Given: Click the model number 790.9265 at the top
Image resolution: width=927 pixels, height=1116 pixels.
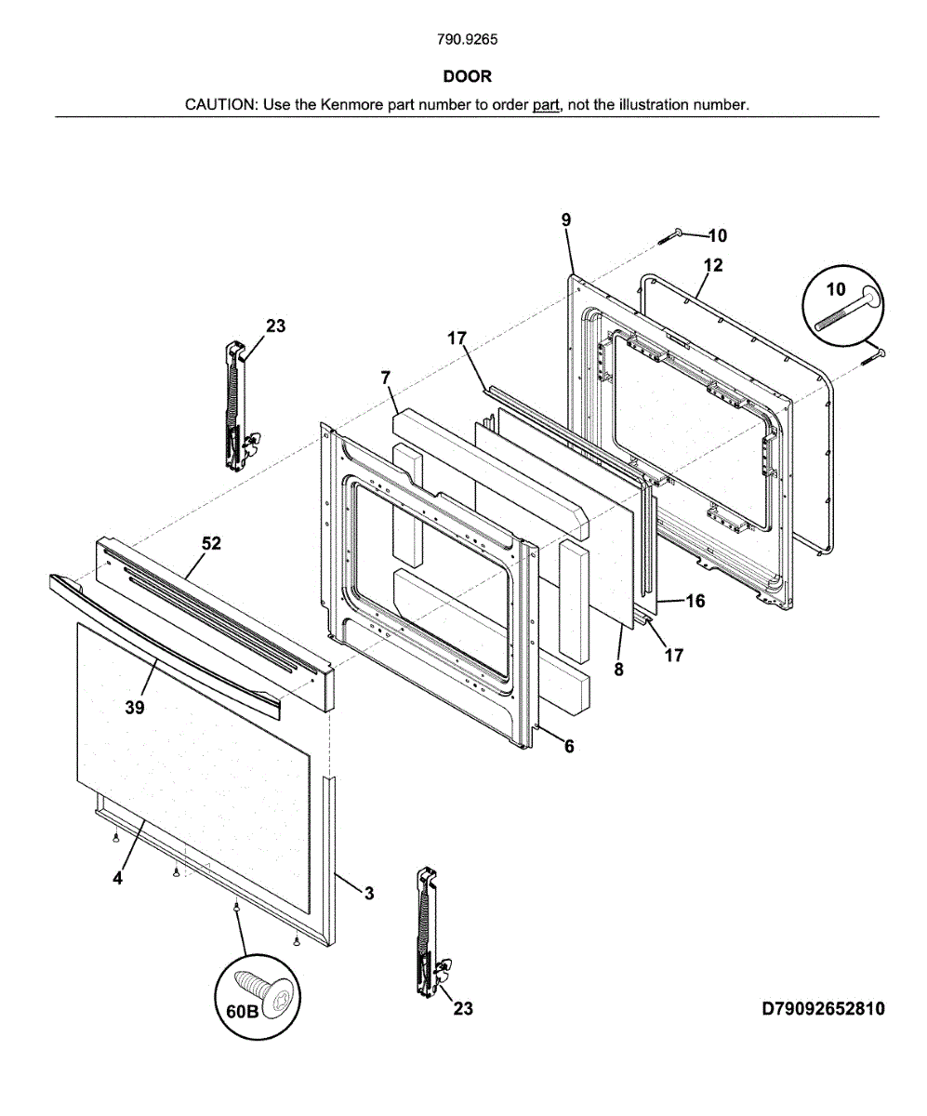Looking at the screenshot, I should pos(467,40).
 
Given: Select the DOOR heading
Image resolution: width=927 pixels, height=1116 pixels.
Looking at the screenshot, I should pos(467,76).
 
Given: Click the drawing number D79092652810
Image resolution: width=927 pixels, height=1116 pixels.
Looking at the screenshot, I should pos(823,1009).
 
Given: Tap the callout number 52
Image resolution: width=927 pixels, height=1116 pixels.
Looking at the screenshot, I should pos(212,544).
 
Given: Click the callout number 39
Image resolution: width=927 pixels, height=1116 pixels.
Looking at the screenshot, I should pos(134,708).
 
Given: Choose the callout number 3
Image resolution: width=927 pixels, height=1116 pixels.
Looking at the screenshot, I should pos(369,894).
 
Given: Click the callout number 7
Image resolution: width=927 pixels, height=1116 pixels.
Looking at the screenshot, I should pos(385,377).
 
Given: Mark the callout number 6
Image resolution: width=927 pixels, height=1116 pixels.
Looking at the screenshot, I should pos(569,746).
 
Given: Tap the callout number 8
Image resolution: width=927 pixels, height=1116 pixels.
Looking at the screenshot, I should pos(619,667).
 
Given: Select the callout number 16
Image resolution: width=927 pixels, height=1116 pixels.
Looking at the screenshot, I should pos(695,601).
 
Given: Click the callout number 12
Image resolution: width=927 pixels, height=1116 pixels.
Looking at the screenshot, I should pos(713,265).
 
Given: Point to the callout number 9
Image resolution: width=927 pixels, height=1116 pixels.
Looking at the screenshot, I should pos(565,219).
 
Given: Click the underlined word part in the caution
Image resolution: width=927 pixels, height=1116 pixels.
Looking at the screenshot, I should pos(546,104).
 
